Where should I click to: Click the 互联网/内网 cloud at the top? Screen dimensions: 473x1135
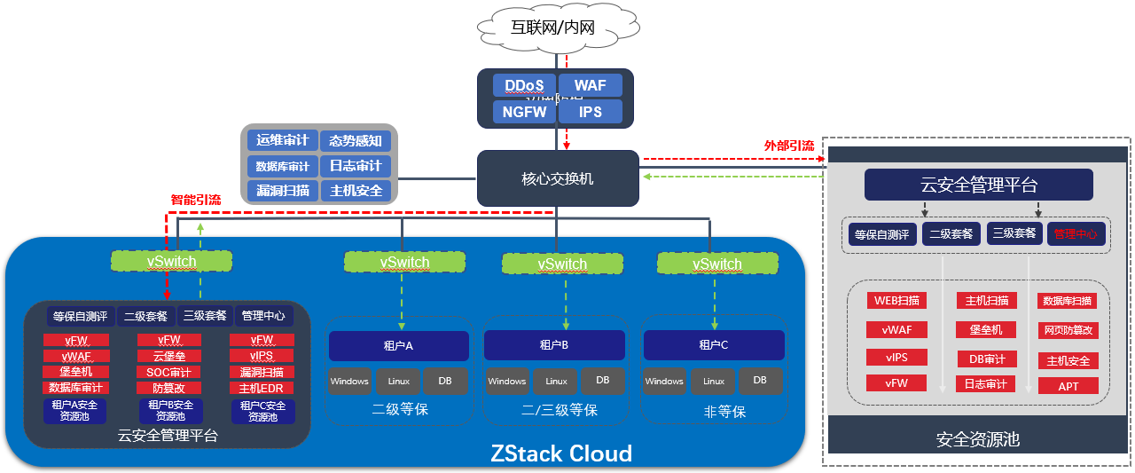[559, 28]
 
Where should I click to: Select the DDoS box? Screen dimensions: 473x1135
[523, 85]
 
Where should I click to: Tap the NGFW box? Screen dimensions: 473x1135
[523, 112]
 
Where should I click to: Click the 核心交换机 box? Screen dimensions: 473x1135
[557, 178]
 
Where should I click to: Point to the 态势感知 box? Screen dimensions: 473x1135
[356, 140]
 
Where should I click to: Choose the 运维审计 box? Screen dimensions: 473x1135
[282, 140]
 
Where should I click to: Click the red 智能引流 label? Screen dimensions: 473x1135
[196, 200]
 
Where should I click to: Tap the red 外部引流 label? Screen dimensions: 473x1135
[789, 145]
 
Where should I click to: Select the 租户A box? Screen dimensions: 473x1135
[398, 345]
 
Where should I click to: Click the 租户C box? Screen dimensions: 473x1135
[713, 345]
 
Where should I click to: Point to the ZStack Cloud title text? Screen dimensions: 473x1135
[561, 453]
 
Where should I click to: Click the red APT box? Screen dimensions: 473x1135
[1068, 386]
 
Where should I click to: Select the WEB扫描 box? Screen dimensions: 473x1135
[896, 300]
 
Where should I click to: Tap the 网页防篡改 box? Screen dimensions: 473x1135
[1068, 330]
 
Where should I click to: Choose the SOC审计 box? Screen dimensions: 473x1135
[168, 372]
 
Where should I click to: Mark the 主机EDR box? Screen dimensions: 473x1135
[262, 388]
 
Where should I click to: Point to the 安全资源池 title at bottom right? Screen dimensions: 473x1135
[978, 439]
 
